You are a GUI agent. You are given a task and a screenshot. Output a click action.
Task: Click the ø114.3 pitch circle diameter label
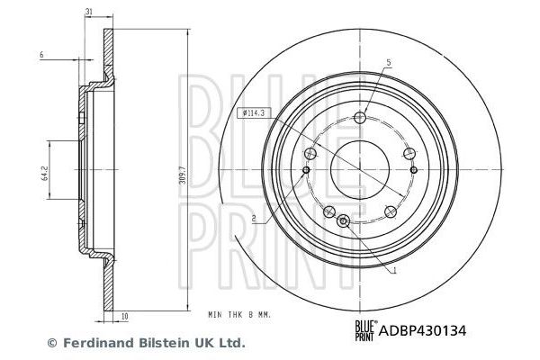252,113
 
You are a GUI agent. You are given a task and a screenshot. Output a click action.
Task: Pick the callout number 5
389,62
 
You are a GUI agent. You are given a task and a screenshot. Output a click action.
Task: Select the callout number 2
255,219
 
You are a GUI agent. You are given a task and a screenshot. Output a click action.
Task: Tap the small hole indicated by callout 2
307,170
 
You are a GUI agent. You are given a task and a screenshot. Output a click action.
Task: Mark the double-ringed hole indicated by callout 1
343,221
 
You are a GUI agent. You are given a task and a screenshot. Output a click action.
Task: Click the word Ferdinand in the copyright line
92,343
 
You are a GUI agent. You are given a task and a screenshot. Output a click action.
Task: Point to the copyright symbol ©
51,343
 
